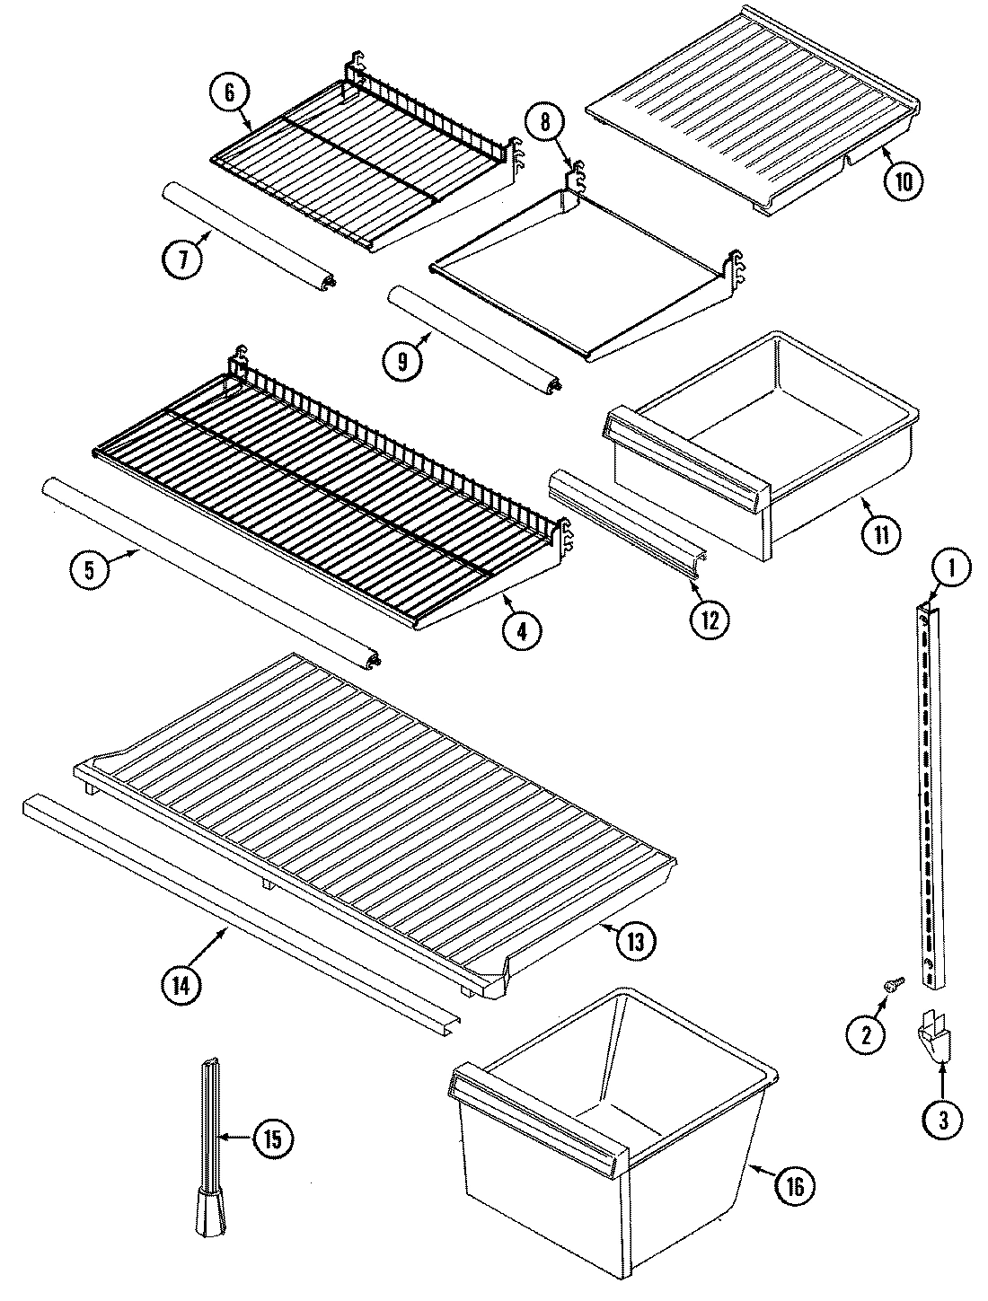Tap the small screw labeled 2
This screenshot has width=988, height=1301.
tap(892, 985)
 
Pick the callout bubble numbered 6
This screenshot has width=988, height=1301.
tap(228, 92)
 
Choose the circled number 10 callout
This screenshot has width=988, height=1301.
tap(902, 180)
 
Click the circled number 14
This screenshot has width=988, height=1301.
tap(182, 982)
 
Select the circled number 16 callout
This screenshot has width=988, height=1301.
tap(796, 1185)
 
